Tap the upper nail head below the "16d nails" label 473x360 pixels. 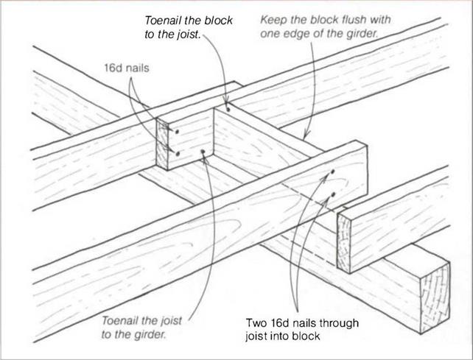click(x=177, y=131)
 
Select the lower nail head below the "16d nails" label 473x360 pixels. click(x=178, y=153)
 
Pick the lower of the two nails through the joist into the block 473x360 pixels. click(x=334, y=194)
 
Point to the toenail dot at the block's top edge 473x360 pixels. click(x=229, y=110)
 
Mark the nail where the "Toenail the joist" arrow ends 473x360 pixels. click(x=203, y=153)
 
